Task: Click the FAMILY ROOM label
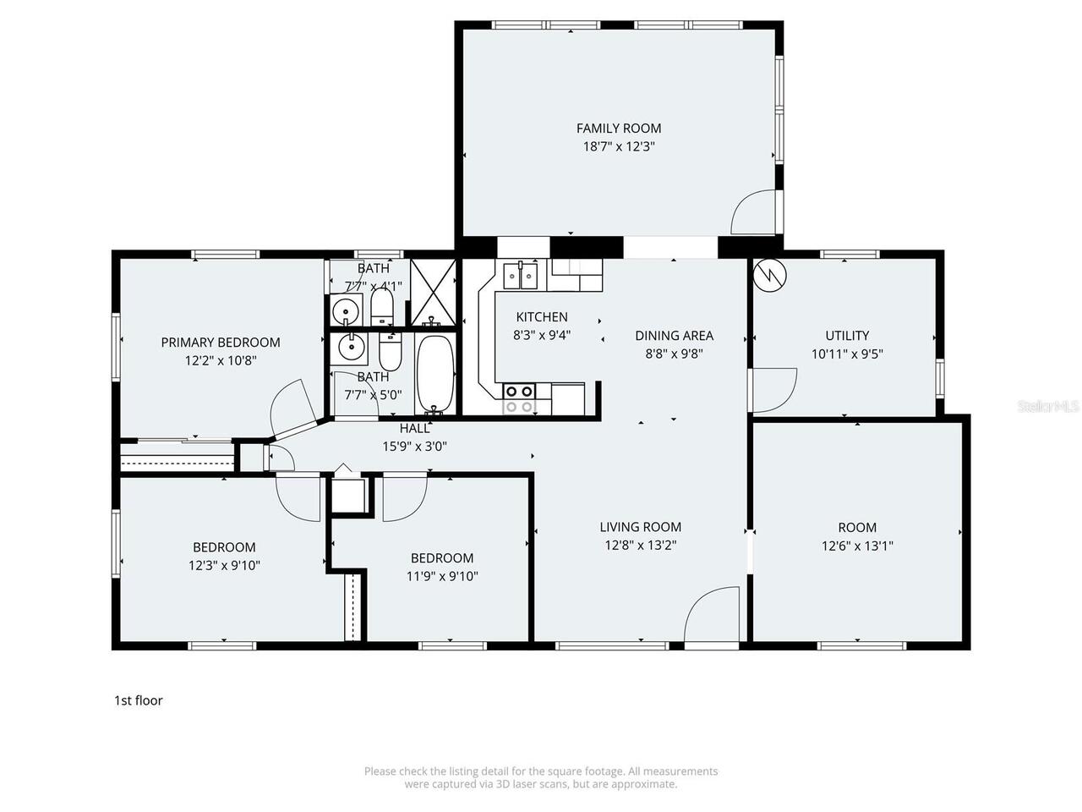(619, 129)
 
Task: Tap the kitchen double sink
(521, 275)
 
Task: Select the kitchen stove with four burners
(519, 398)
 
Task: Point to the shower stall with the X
(433, 292)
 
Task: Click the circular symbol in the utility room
(770, 274)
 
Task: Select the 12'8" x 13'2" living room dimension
(640, 546)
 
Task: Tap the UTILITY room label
(847, 336)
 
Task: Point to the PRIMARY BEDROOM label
(221, 343)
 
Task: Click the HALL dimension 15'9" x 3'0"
(414, 446)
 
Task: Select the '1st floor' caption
(139, 700)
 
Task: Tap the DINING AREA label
(674, 336)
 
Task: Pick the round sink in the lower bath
(349, 346)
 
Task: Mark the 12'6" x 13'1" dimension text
(857, 546)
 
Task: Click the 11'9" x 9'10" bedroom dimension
(442, 576)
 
